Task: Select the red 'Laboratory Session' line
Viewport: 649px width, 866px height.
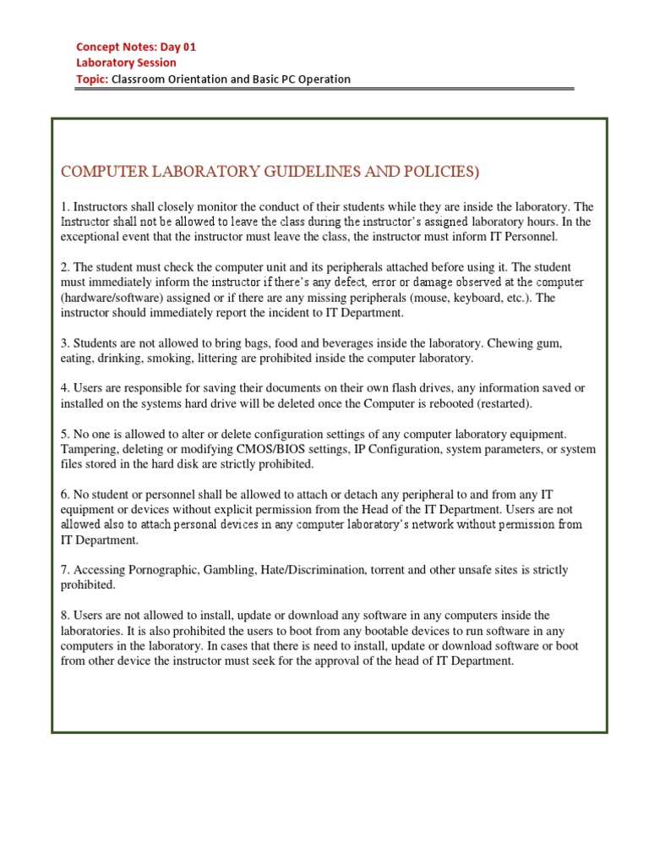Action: pyautogui.click(x=127, y=63)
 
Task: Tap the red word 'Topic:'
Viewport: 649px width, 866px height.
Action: pyautogui.click(x=93, y=79)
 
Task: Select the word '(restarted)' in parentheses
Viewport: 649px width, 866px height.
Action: pyautogui.click(x=502, y=403)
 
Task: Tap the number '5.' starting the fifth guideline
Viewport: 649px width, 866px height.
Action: pyautogui.click(x=65, y=434)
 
